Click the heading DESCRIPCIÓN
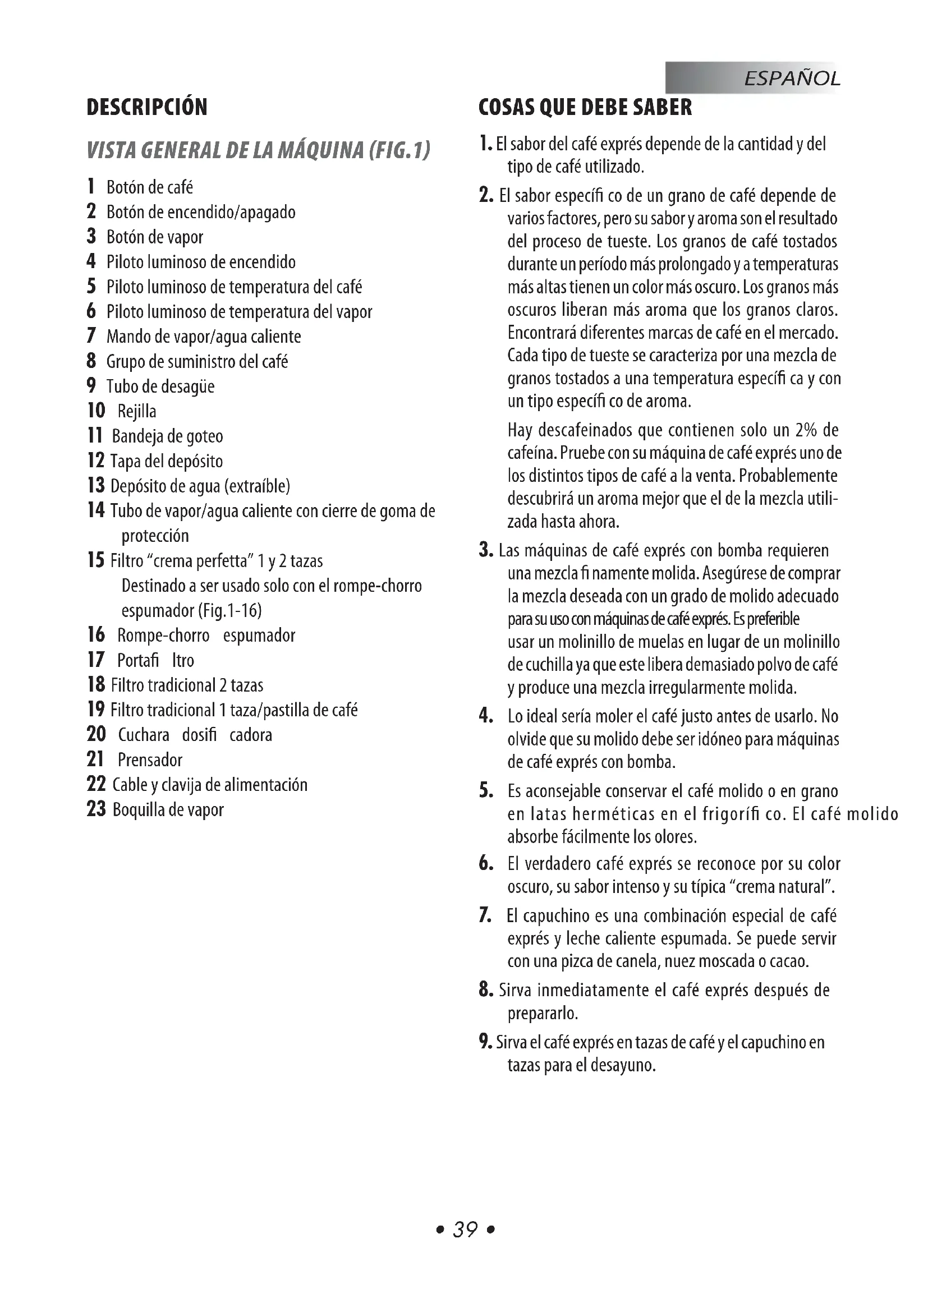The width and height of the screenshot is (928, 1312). (x=147, y=108)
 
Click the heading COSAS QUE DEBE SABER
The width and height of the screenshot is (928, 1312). (x=585, y=108)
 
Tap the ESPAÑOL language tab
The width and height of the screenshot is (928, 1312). (x=792, y=79)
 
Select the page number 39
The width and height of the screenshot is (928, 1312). (x=465, y=1229)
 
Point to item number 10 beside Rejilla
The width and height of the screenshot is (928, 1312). (x=96, y=410)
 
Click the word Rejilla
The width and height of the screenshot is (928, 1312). (x=136, y=411)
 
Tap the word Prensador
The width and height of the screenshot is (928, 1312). (x=150, y=760)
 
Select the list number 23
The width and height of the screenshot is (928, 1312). (x=96, y=809)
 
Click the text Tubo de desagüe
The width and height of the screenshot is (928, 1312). (x=160, y=387)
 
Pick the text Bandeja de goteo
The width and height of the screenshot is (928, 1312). (x=167, y=436)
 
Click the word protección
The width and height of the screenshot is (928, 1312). (x=155, y=536)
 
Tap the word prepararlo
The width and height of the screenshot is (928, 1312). (x=543, y=1014)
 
